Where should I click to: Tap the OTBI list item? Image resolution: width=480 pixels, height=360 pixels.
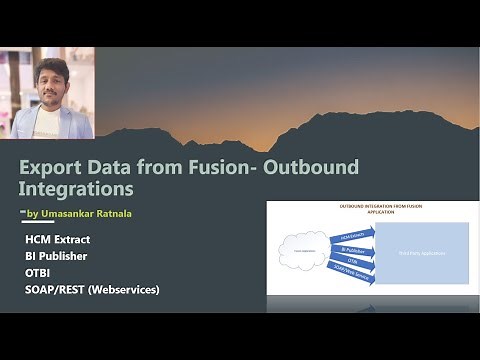click(39, 273)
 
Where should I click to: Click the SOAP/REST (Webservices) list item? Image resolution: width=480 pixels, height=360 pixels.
click(93, 289)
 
